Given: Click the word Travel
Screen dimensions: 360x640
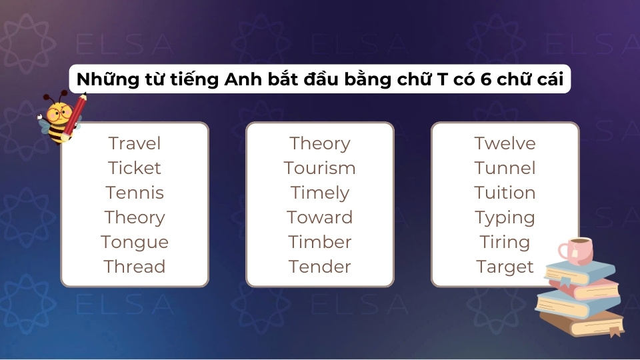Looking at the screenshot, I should pos(135,143).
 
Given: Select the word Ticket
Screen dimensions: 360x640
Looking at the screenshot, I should pos(135,168).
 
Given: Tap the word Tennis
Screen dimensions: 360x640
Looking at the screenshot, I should pos(135,193).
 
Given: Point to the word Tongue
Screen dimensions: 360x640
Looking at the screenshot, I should pos(135,242).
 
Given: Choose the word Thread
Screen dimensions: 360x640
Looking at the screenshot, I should pos(135,267).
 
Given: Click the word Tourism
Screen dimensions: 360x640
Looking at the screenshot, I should pos(320,168).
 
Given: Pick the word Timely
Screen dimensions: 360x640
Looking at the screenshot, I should pos(320,193).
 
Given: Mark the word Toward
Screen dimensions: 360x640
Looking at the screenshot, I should pos(320,217).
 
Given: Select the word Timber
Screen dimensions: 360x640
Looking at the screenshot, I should pos(320,242).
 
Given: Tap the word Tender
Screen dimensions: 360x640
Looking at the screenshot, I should pos(320,267).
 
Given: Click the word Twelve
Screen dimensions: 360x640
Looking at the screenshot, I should pos(505,143).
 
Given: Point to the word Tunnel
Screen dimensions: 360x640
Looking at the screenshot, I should pos(505,168).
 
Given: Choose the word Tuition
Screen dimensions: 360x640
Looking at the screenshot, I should pos(505,193).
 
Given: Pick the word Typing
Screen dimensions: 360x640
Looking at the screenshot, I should pos(505,217).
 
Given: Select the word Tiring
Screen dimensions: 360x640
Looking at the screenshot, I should pos(505,242).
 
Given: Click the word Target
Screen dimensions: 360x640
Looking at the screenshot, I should pos(505,267).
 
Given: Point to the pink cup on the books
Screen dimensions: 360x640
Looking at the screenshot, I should pos(575,250).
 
